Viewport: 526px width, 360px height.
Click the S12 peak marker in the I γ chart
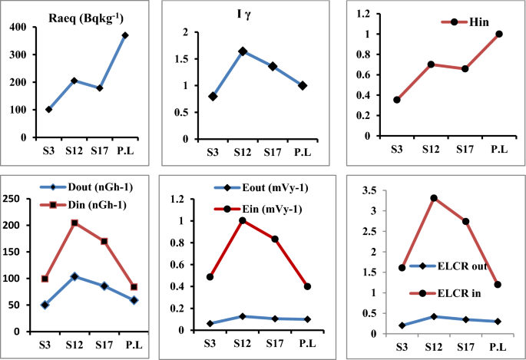click(243, 51)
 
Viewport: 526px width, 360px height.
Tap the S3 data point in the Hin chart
click(397, 100)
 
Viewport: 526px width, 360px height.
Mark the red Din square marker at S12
click(74, 223)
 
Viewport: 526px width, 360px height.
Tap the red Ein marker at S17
click(274, 239)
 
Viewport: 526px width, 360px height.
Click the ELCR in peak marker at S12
click(434, 198)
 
